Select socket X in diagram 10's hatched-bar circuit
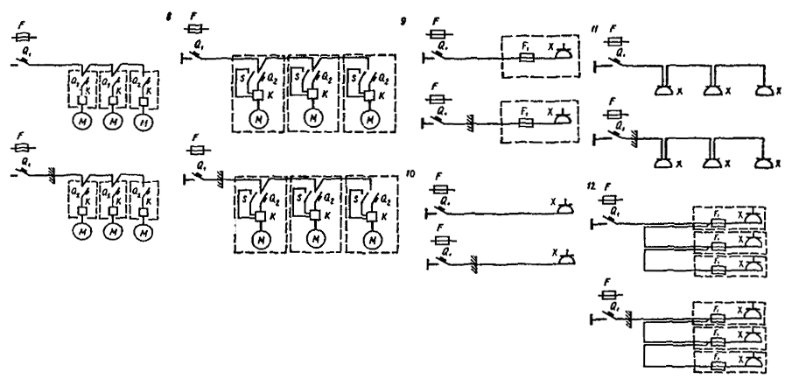click(564, 259)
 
